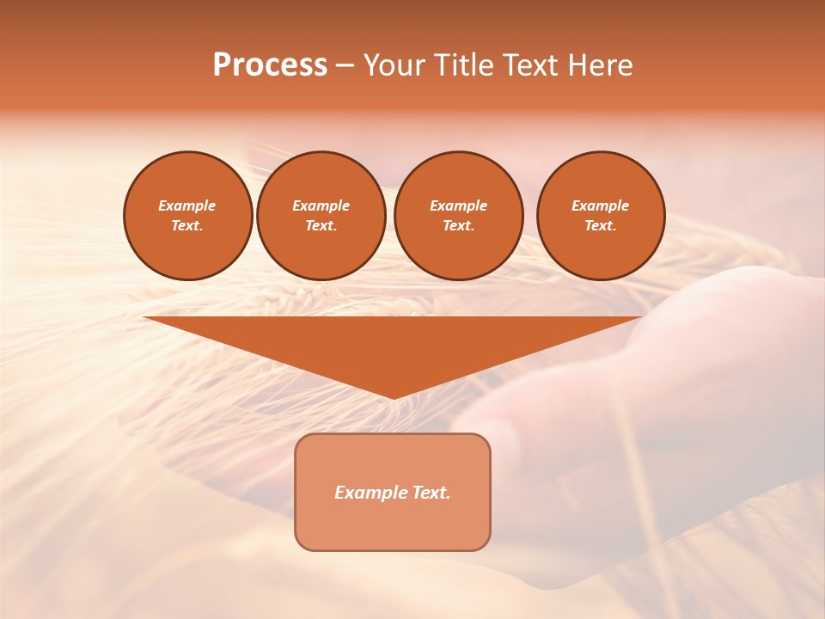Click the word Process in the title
click(270, 65)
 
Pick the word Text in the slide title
click(530, 65)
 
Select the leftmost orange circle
click(188, 216)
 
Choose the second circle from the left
click(321, 216)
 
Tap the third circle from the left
click(459, 216)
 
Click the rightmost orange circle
click(601, 216)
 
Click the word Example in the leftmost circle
click(187, 205)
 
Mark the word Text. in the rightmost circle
click(601, 226)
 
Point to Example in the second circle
click(321, 205)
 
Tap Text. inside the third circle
click(459, 226)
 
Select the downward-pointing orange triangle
click(394, 344)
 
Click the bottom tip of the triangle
click(394, 396)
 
